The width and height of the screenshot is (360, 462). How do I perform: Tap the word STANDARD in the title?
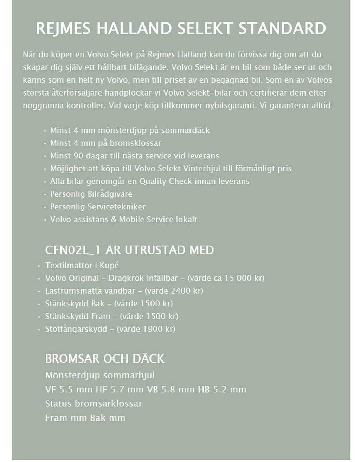(282, 28)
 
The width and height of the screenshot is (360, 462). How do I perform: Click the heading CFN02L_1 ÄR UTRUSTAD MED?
(129, 250)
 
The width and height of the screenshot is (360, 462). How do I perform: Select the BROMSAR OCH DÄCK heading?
(104, 358)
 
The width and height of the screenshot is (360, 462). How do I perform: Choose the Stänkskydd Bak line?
(75, 304)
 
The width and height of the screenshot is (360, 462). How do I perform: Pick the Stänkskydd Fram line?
(77, 316)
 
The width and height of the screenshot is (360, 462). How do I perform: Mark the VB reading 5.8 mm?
(178, 390)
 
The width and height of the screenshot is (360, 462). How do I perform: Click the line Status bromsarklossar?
(94, 403)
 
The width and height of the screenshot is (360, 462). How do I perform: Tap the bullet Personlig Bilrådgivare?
(91, 194)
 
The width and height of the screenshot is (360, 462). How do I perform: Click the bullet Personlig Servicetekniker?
(97, 207)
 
